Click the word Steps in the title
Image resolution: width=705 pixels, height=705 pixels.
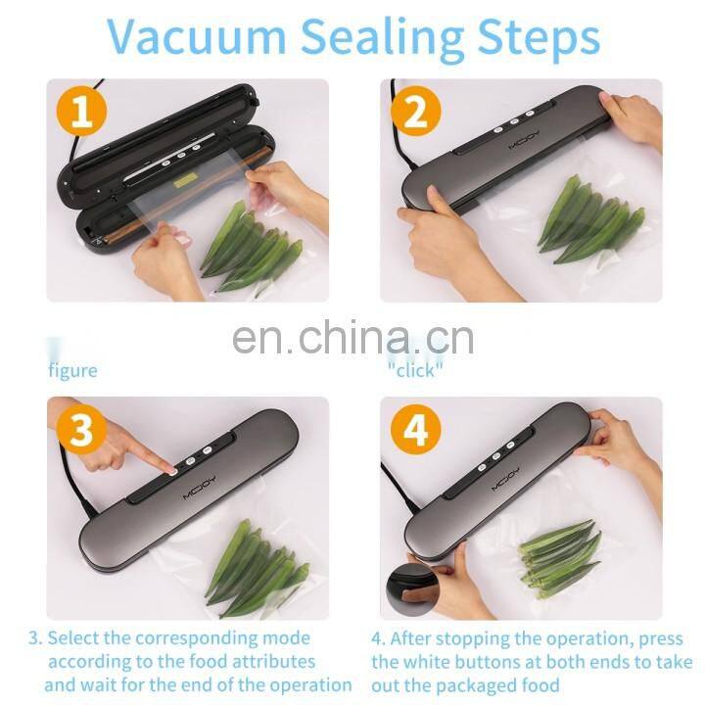[538, 37]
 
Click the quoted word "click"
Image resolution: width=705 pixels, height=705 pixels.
[415, 371]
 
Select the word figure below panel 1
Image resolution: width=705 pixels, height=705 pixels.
[73, 371]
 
